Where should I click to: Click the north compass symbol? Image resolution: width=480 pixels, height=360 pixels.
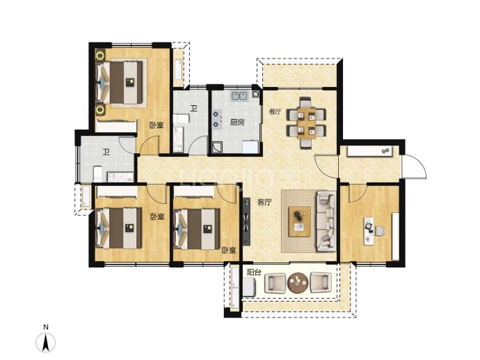pos(46,342)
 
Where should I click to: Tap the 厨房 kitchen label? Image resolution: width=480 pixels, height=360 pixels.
pos(237,123)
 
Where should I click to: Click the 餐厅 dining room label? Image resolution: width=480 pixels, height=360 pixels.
pos(275,111)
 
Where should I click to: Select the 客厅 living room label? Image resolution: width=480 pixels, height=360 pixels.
pos(264,202)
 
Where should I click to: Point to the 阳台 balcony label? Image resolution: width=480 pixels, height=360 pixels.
pos(254,272)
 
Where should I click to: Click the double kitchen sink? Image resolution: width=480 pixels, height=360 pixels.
pos(239,97)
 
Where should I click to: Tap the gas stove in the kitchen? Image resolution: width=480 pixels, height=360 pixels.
pos(217,119)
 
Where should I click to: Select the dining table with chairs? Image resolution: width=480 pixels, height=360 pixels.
pos(306,123)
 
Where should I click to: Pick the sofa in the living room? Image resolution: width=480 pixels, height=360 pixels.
pos(326,221)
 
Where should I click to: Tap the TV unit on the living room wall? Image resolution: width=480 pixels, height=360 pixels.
pos(246,221)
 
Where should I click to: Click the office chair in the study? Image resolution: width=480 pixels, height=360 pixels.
pos(380,230)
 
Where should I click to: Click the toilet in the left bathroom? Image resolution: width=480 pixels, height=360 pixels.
pos(97,173)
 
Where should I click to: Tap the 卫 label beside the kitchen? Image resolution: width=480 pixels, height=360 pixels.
pos(194,108)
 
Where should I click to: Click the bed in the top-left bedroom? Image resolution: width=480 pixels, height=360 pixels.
pos(120,82)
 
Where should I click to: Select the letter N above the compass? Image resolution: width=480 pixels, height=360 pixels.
pos(46,327)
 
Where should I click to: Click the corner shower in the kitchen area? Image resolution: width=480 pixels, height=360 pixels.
pos(218,148)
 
